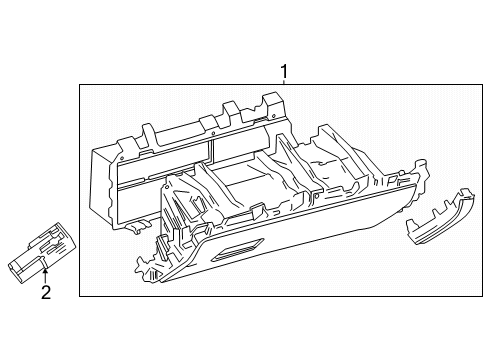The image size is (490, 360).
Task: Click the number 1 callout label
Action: [x=284, y=71]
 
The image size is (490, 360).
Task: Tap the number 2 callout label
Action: [x=45, y=292]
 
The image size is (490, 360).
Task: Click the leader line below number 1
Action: [x=284, y=83]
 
